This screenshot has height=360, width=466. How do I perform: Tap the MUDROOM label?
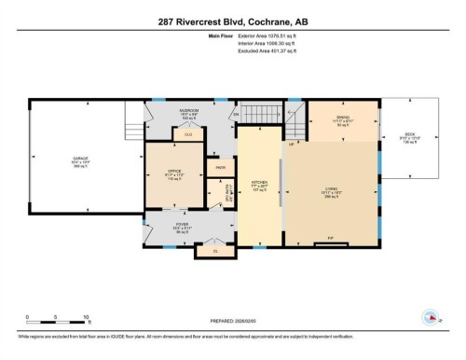pyautogui.click(x=188, y=110)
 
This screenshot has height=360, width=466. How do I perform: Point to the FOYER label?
pyautogui.click(x=183, y=225)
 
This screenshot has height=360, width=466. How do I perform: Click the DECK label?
pyautogui.click(x=409, y=134)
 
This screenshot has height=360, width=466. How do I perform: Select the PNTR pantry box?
pyautogui.click(x=222, y=168)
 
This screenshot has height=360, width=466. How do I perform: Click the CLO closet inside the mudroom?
pyautogui.click(x=188, y=135)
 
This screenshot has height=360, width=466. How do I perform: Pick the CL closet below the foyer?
pyautogui.click(x=215, y=251)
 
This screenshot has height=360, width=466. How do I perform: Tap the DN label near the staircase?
pyautogui.click(x=237, y=116)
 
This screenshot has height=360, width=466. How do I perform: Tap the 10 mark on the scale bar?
pyautogui.click(x=87, y=318)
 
